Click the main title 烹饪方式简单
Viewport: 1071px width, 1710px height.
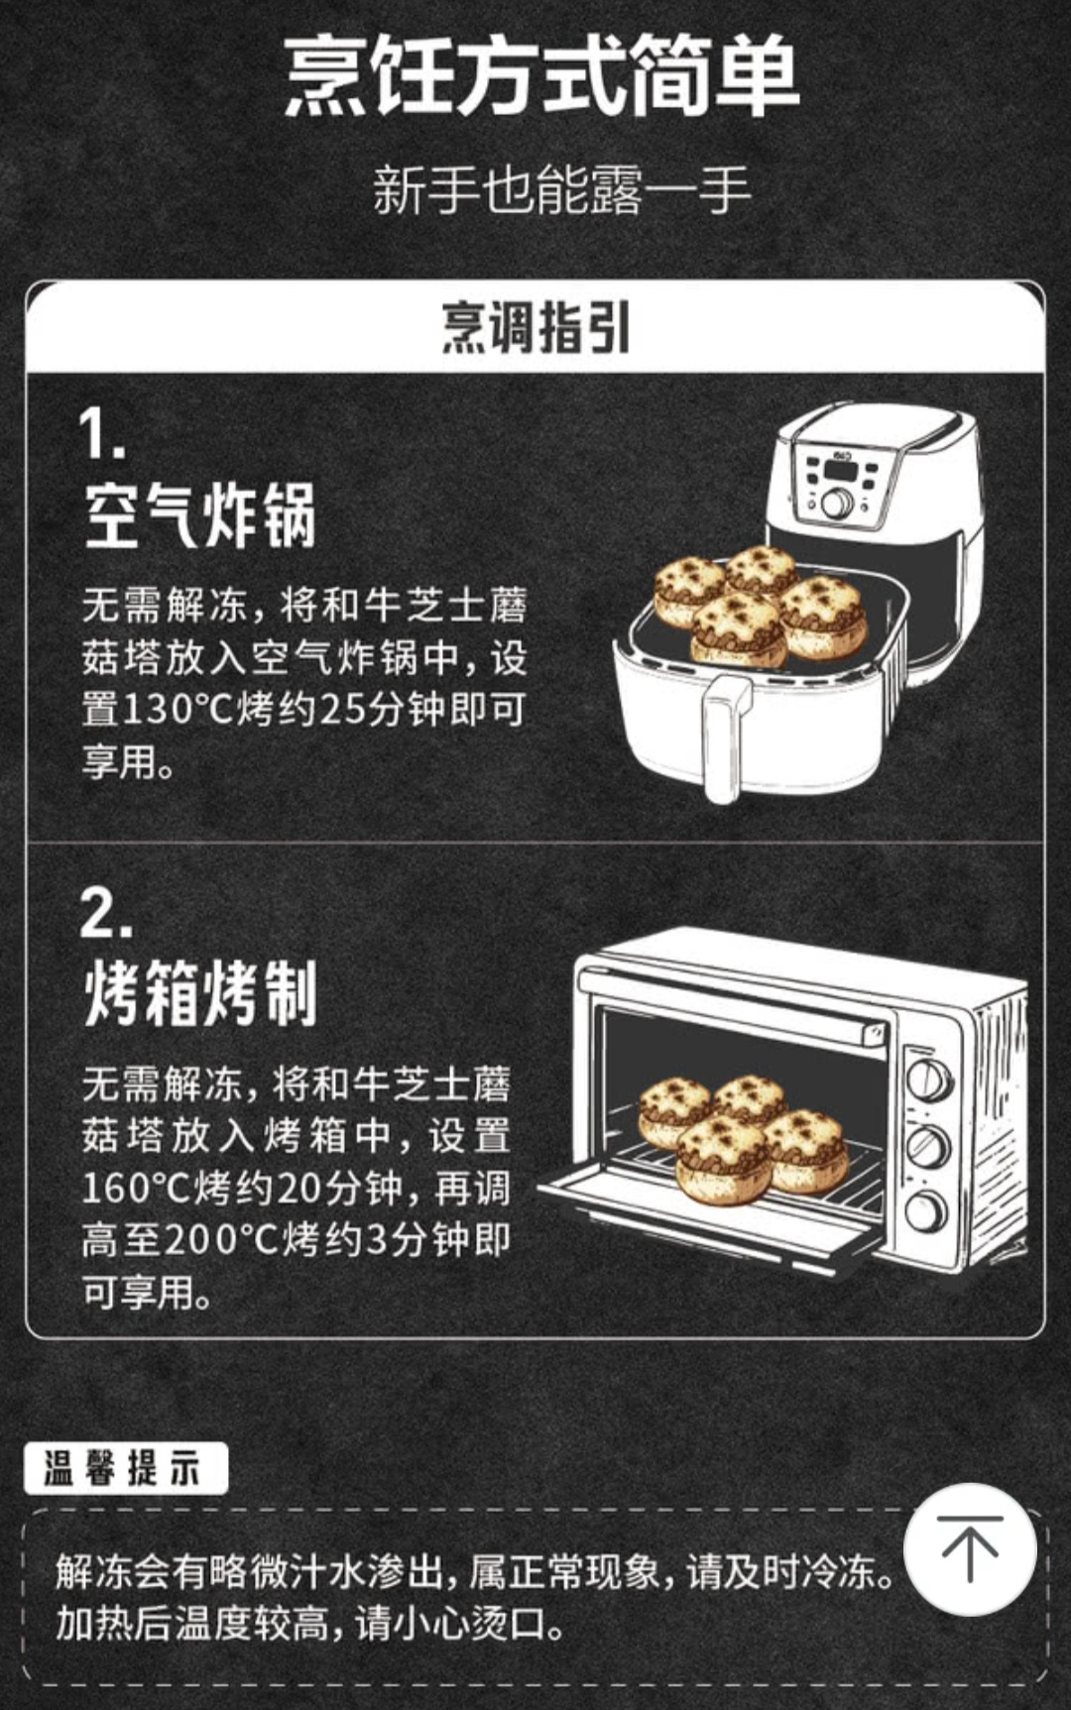tap(541, 77)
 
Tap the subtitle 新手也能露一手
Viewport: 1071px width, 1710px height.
tap(560, 190)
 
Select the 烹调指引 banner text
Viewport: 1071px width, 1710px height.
tap(535, 328)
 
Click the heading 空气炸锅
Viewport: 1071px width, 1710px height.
tap(199, 516)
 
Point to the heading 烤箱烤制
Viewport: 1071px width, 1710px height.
tap(199, 993)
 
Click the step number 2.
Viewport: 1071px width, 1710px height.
tap(105, 913)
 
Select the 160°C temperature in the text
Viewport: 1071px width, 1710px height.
tap(134, 1189)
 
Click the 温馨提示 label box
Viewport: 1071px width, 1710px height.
tap(126, 1468)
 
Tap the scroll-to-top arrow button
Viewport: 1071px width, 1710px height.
tap(970, 1548)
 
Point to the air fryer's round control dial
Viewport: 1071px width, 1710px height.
tap(837, 503)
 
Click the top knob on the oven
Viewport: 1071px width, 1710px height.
tap(929, 1080)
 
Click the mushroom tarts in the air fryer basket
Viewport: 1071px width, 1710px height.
tap(759, 605)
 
